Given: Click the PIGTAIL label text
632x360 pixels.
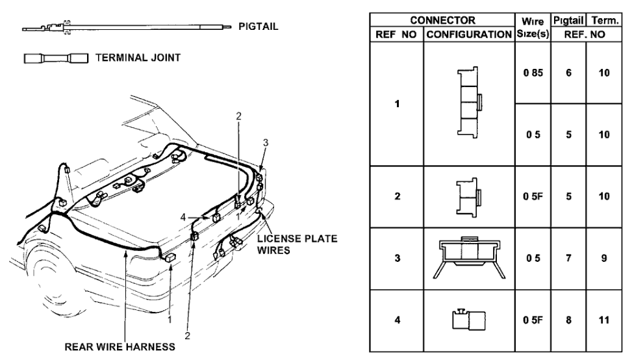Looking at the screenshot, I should [259, 27].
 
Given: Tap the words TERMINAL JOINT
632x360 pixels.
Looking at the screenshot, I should [138, 58].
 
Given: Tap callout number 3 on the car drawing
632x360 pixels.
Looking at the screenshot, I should [265, 142].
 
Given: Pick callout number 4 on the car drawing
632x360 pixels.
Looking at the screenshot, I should [184, 216].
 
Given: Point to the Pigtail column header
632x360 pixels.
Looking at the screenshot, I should [569, 20].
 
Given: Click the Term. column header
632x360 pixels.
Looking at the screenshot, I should [604, 20].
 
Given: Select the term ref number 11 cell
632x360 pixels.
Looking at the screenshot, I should [604, 320].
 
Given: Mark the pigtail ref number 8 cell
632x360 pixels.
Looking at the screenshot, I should [568, 320].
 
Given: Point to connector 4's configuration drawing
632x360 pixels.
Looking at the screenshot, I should [468, 320].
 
